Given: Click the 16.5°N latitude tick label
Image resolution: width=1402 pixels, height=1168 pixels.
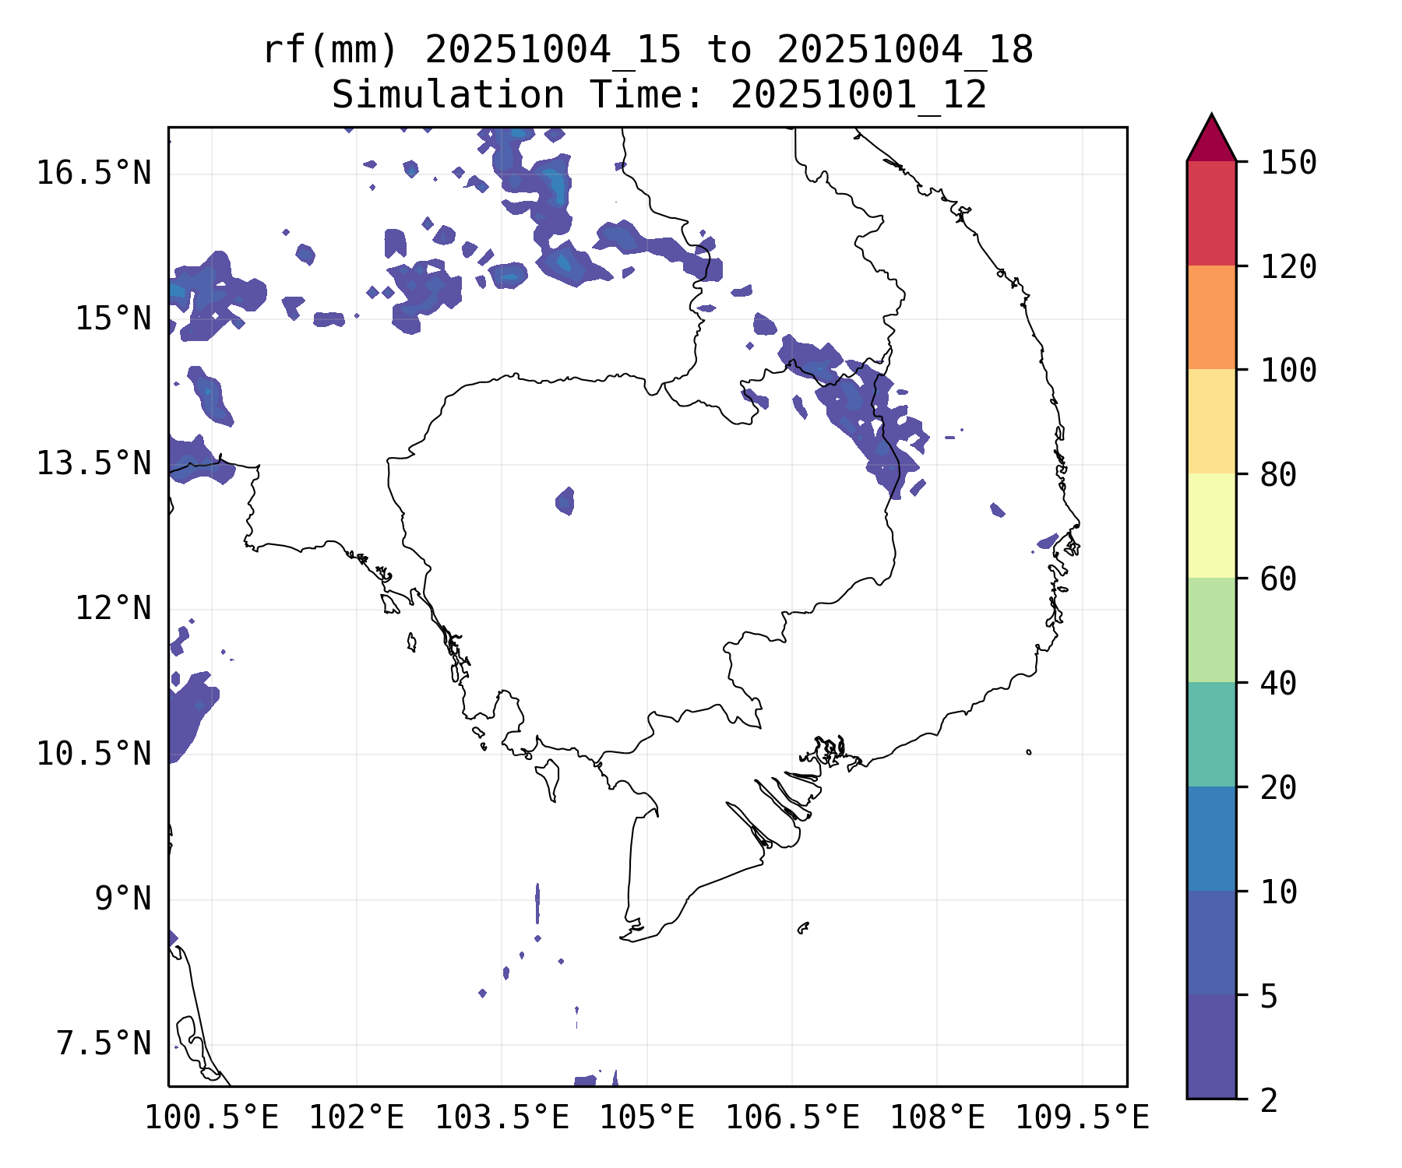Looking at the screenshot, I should click(93, 174).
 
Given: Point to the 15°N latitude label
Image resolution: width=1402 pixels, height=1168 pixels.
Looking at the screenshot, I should click(113, 319).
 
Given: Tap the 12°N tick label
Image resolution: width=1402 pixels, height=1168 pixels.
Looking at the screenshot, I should click(113, 609).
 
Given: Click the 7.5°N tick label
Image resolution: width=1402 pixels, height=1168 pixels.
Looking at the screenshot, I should click(104, 1044).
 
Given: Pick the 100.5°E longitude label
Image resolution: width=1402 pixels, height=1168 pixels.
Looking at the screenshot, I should click(212, 1118).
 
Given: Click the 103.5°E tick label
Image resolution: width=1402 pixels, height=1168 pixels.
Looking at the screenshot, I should click(502, 1118).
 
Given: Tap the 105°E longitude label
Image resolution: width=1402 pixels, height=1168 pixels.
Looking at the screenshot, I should click(646, 1118).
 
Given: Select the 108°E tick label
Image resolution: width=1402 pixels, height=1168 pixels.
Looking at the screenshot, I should click(937, 1118).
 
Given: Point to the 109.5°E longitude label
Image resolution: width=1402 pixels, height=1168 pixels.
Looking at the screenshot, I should click(1082, 1118).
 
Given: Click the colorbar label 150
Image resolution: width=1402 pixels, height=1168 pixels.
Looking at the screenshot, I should click(1288, 164).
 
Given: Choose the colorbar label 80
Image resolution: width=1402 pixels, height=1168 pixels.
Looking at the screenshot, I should click(1278, 475).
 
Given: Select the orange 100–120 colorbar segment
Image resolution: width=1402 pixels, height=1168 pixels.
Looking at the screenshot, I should click(1211, 317).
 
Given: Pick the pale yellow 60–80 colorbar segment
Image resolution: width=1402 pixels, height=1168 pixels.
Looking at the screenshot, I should click(1211, 526).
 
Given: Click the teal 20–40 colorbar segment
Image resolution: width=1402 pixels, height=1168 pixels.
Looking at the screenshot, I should click(1211, 734).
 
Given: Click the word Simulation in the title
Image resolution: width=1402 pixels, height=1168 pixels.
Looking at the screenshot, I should click(448, 96).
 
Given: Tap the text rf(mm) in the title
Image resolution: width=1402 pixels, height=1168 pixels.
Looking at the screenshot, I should click(330, 51).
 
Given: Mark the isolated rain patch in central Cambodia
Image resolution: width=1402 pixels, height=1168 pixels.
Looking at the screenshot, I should click(565, 501).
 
